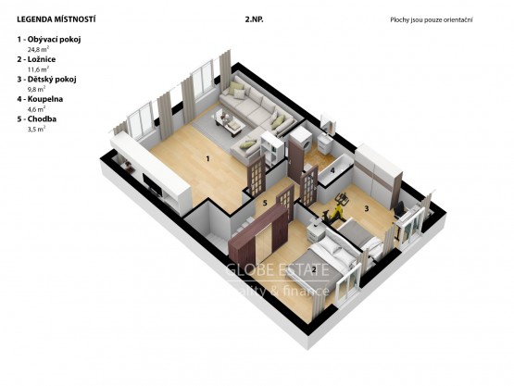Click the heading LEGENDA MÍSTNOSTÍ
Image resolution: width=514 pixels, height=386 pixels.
click(x=56, y=19)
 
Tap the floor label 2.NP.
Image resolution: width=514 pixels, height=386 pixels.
click(x=255, y=19)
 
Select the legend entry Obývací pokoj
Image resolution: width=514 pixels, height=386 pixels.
click(x=54, y=40)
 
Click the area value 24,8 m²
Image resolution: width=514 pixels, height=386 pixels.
click(x=38, y=49)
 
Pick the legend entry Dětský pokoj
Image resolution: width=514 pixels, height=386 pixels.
click(x=52, y=80)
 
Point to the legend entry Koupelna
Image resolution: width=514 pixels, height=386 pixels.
click(x=45, y=99)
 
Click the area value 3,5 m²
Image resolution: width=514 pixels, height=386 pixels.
click(x=36, y=129)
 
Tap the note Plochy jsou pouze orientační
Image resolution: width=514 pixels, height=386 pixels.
click(x=432, y=20)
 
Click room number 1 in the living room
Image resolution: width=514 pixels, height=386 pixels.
click(x=207, y=159)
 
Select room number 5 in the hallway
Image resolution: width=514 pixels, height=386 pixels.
click(x=265, y=203)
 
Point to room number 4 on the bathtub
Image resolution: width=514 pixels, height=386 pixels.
click(x=332, y=170)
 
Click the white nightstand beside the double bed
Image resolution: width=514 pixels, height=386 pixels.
click(x=316, y=232)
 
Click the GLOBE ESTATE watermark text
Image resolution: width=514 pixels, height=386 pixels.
click(x=277, y=270)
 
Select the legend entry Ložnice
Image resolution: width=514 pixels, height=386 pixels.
click(x=42, y=59)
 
